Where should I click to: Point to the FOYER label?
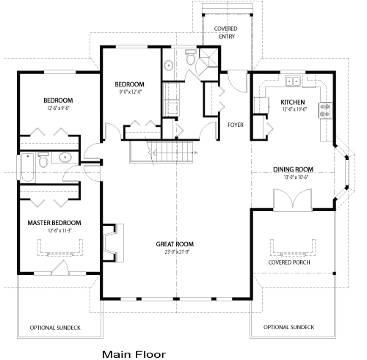pos(236,124)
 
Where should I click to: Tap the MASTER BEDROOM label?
pos(54,222)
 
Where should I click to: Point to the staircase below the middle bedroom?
pos(161,152)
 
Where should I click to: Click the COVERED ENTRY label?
pos(225,31)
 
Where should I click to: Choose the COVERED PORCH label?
pos(288,262)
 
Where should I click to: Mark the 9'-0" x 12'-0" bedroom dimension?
pos(130,92)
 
